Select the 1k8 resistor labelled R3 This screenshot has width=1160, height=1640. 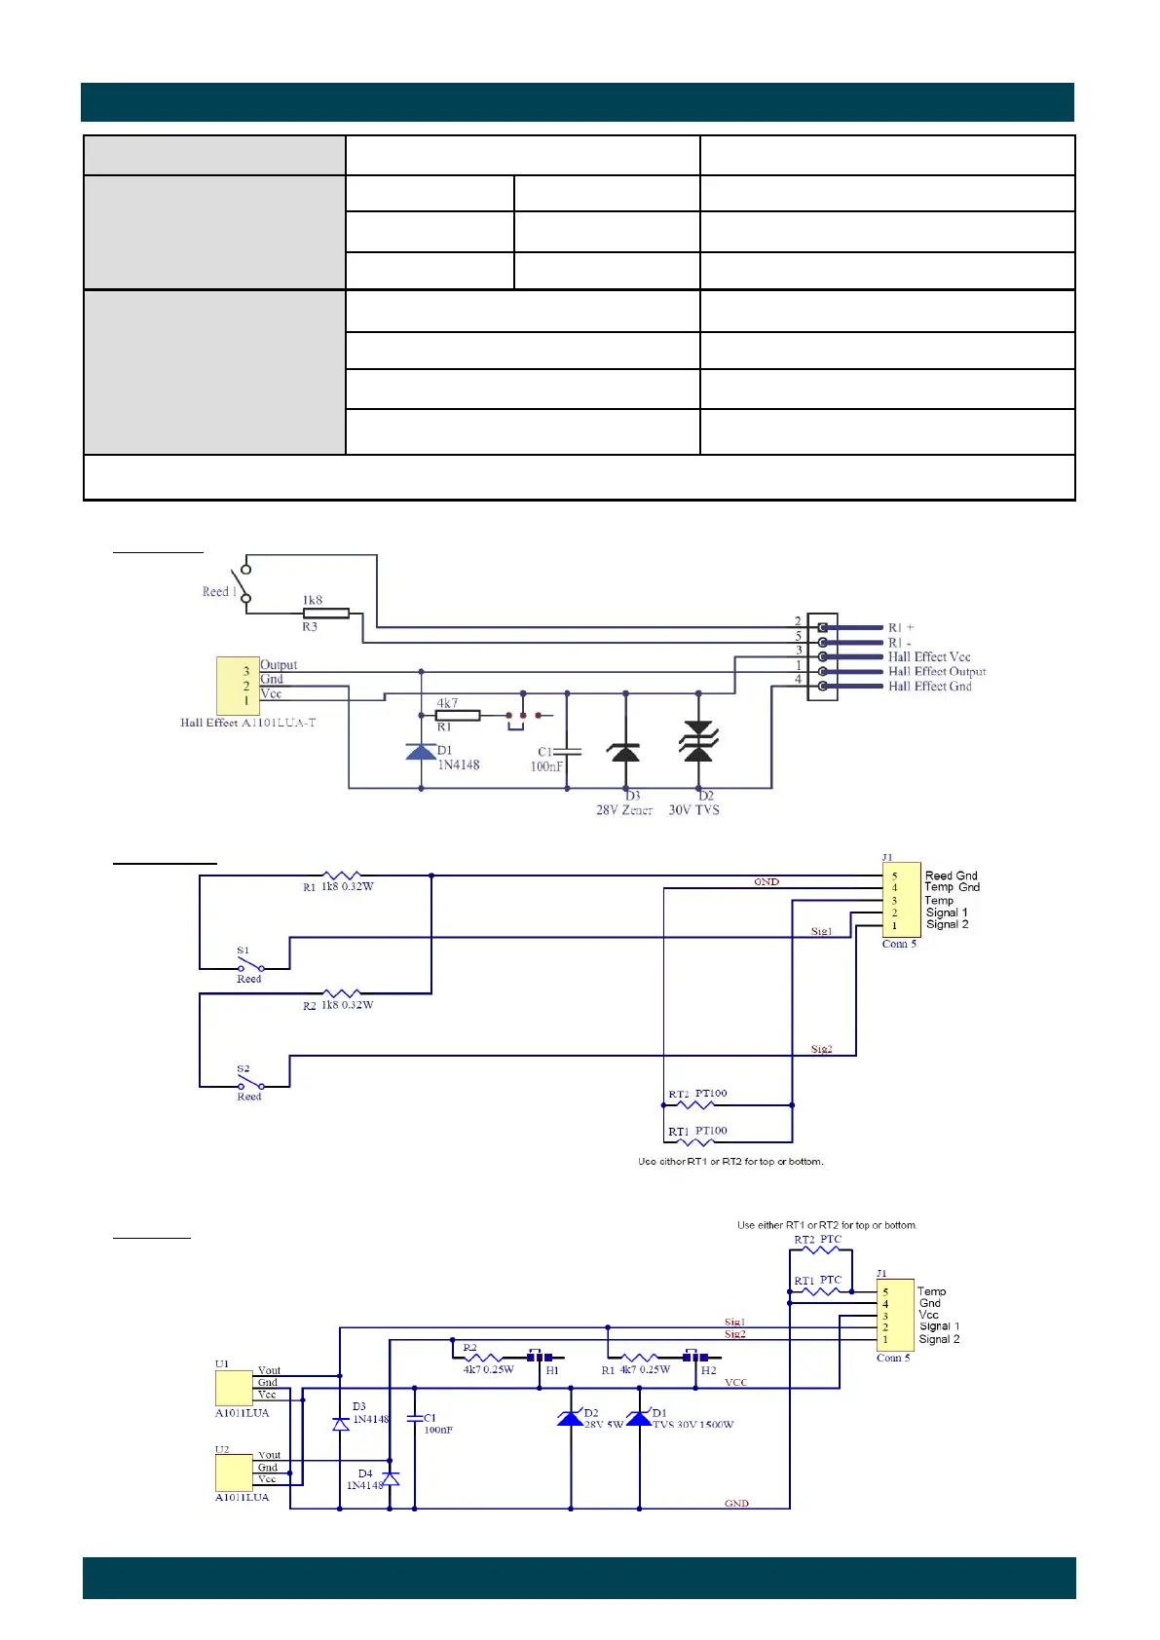(326, 614)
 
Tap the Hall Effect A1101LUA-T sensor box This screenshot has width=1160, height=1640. (238, 686)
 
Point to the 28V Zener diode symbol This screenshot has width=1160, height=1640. (624, 751)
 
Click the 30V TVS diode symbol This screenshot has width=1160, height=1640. (698, 743)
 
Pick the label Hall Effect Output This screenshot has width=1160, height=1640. (936, 672)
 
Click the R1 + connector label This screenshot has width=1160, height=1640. (901, 628)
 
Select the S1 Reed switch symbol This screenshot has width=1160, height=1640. (249, 966)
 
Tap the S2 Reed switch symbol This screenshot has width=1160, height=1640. (249, 1083)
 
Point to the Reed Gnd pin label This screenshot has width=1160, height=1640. (951, 876)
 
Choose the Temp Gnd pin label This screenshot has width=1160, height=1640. (952, 887)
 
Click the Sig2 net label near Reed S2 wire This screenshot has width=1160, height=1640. (821, 1049)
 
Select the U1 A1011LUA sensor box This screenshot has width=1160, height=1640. (234, 1387)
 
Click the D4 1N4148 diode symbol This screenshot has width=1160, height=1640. (390, 1478)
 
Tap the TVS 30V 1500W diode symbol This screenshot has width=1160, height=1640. (639, 1418)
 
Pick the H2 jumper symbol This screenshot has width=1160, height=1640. (695, 1357)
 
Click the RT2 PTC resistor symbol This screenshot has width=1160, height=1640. (819, 1249)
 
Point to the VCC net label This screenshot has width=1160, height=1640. (735, 1383)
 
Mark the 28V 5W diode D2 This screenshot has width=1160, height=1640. (570, 1418)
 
